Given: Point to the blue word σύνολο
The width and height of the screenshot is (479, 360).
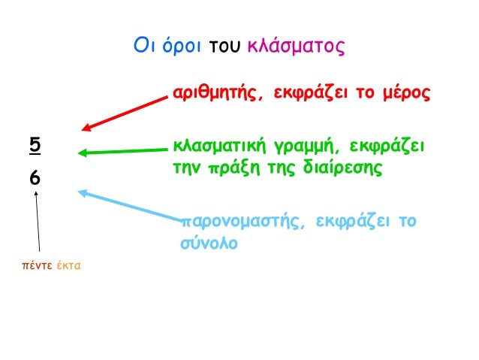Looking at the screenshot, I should [x=209, y=244].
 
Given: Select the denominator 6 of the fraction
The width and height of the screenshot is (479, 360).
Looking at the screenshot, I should [x=35, y=180].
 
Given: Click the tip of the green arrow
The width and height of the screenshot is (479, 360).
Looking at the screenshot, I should [x=79, y=153].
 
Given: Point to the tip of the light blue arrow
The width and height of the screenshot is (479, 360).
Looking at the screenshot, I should [x=80, y=191].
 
